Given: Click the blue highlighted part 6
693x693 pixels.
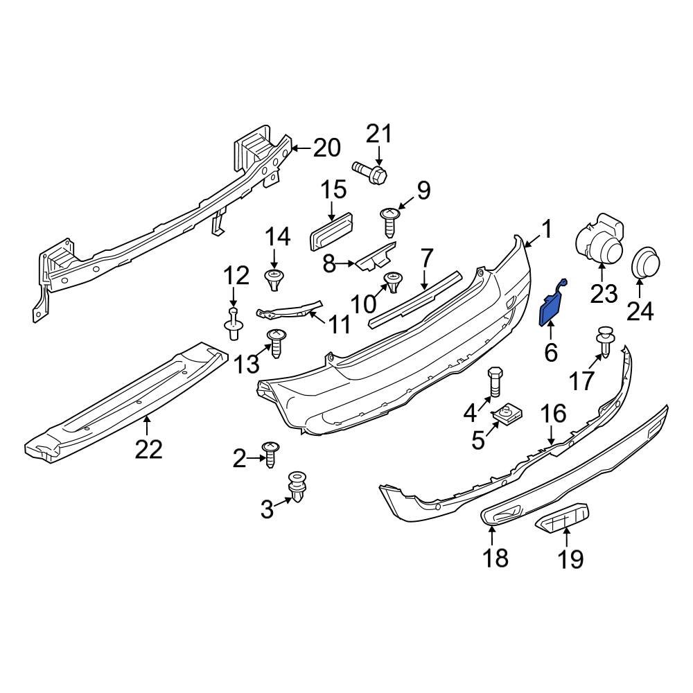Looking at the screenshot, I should pyautogui.click(x=552, y=308).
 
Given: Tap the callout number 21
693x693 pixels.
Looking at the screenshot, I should pyautogui.click(x=379, y=134).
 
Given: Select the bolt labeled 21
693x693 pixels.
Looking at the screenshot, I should pyautogui.click(x=371, y=170).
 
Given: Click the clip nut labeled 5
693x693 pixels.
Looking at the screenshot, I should pyautogui.click(x=508, y=415).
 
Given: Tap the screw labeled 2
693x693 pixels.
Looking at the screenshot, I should pyautogui.click(x=270, y=453).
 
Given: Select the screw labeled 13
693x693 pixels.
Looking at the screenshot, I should pyautogui.click(x=277, y=342).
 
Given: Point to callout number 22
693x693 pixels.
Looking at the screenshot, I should pyautogui.click(x=148, y=449).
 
